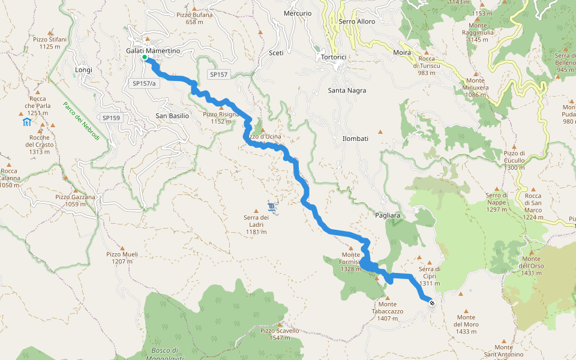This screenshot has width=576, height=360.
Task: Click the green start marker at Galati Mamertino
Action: [145, 58]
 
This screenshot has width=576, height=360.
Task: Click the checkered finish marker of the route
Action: [432, 304]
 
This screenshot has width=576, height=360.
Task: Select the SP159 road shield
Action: [111, 118]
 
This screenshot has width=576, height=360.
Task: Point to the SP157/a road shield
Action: [144, 83]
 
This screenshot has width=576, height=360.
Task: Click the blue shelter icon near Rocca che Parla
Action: [26, 122]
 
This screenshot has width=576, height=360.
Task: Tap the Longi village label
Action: [84, 70]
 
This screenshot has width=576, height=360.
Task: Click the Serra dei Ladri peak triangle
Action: [256, 211]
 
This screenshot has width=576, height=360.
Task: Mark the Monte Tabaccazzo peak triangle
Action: [387, 297]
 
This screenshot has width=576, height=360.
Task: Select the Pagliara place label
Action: [387, 214]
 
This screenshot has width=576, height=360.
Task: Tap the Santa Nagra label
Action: [347, 91]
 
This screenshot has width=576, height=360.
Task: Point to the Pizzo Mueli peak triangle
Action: [122, 247]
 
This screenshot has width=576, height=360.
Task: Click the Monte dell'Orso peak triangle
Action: [531, 252]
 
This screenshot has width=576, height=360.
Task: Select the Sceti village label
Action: [276, 53]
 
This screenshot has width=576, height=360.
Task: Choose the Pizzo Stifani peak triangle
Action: [50, 32]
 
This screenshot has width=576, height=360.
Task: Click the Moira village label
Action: [402, 53]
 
